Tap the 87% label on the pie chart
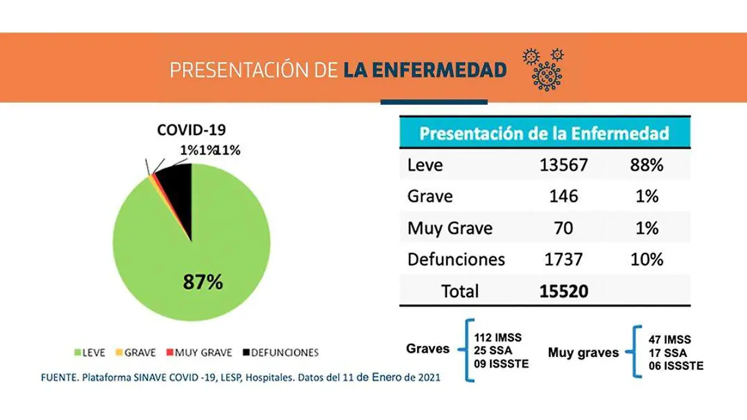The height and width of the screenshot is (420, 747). [202, 282]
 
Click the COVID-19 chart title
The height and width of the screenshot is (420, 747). [191, 130]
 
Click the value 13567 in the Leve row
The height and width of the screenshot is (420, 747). [565, 165]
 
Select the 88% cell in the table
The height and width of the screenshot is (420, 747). [647, 165]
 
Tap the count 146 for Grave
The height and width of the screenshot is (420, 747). [565, 196]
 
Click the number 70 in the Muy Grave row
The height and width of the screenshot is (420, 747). [565, 228]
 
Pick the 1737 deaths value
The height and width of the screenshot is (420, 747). [565, 259]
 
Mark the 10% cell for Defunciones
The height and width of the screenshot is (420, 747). [647, 259]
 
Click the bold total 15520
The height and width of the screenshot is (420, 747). [565, 291]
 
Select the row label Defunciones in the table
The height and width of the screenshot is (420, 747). [456, 259]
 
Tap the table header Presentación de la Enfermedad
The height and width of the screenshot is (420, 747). [544, 133]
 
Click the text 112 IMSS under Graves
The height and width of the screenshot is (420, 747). [498, 338]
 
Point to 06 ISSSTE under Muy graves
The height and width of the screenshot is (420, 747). [676, 366]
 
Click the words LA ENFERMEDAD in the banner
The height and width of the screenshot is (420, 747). [425, 70]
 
